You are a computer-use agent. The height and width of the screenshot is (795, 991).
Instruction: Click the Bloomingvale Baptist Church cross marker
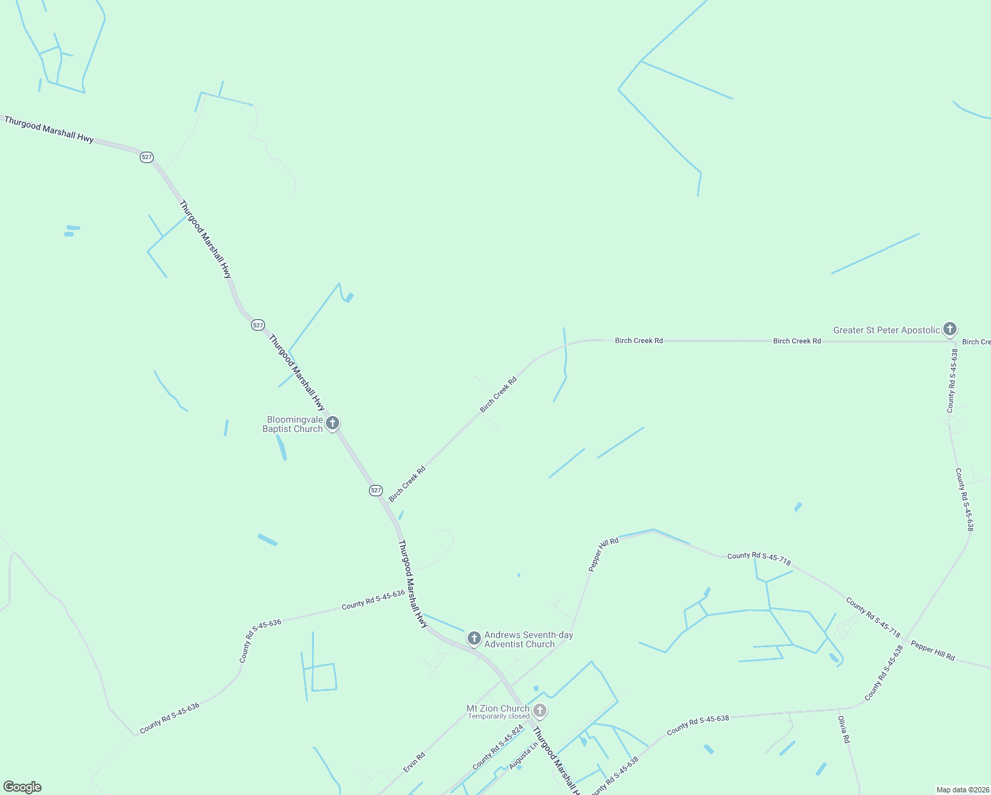point(333,423)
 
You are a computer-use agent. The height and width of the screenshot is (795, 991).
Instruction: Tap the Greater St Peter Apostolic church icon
point(950,329)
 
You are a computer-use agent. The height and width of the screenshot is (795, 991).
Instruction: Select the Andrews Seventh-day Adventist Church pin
point(474,638)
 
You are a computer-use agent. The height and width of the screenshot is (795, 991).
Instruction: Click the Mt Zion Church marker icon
point(540,711)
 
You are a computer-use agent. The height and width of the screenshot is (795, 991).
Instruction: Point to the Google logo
point(23,787)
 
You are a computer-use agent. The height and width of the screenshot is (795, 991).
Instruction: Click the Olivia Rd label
point(843,729)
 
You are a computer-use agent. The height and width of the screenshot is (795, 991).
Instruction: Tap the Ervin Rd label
point(414,762)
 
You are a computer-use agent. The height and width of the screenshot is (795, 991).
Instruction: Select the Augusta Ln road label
point(523,755)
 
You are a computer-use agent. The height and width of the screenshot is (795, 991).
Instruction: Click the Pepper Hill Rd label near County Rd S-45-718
point(932,651)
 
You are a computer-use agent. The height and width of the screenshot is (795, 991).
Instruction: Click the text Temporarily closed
point(498,716)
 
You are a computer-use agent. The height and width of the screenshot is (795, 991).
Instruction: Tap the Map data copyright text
point(962,790)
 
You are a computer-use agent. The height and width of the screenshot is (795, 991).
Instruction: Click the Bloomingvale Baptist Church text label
point(293,424)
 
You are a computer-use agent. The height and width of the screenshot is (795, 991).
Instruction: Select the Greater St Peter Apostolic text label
point(886,330)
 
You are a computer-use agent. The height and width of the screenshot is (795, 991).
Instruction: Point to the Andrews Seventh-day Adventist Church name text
point(529,639)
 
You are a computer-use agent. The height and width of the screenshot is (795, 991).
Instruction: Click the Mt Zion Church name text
point(497,708)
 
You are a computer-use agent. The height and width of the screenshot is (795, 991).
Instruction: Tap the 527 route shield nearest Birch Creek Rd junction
point(376,490)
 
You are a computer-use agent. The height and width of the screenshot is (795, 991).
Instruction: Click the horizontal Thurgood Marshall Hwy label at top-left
point(49,129)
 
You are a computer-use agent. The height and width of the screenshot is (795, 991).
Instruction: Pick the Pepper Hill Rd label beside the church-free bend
point(603,555)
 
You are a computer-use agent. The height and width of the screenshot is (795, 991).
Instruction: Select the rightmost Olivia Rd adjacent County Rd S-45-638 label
point(884,673)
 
